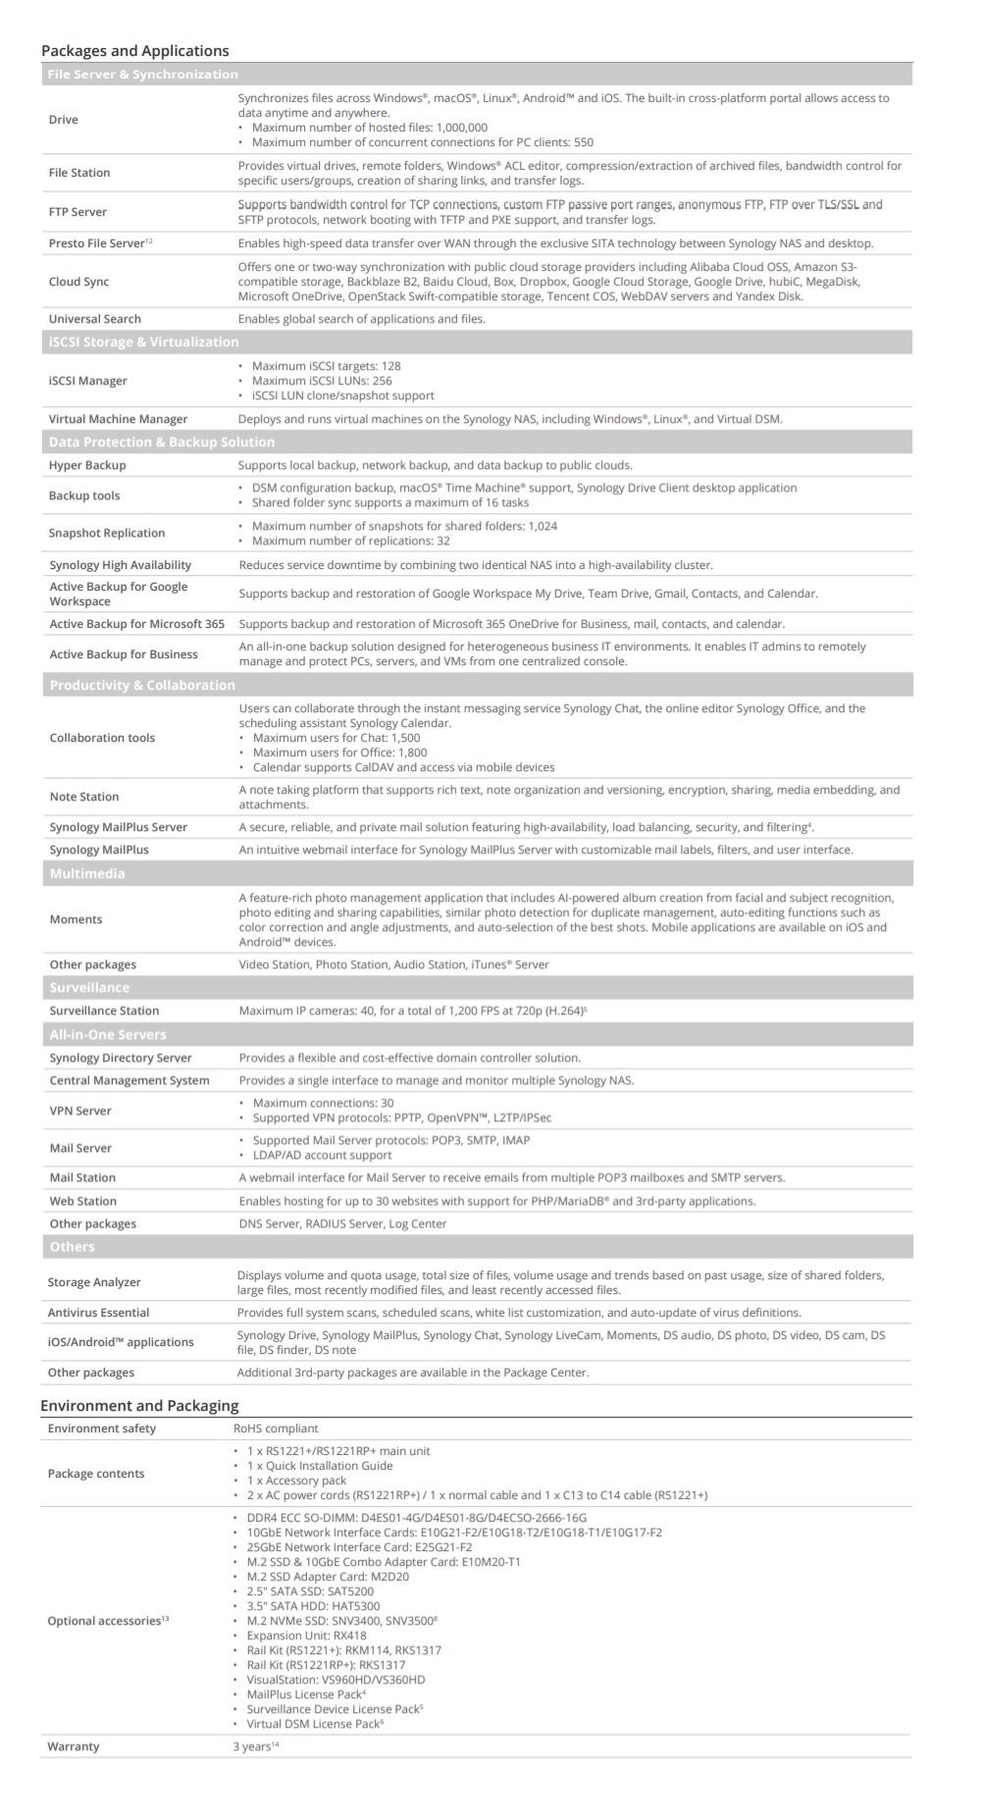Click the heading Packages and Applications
pyautogui.click(x=135, y=51)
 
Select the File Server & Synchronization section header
pyautogui.click(x=142, y=75)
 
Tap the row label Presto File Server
pyautogui.click(x=97, y=243)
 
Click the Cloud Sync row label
pyautogui.click(x=78, y=282)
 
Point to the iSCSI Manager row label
pyautogui.click(x=87, y=381)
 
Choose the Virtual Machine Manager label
pyautogui.click(x=118, y=419)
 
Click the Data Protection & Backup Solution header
pyautogui.click(x=162, y=442)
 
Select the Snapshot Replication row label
pyautogui.click(x=107, y=533)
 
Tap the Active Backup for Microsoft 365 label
pyautogui.click(x=137, y=624)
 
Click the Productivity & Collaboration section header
pyautogui.click(x=142, y=685)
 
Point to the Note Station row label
pyautogui.click(x=84, y=797)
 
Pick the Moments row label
pyautogui.click(x=76, y=919)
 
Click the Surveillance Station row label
pyautogui.click(x=104, y=1011)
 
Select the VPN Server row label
pyautogui.click(x=80, y=1111)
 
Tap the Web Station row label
pyautogui.click(x=83, y=1201)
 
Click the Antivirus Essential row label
pyautogui.click(x=98, y=1313)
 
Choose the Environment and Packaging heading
pyautogui.click(x=139, y=1406)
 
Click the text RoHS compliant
pyautogui.click(x=276, y=1428)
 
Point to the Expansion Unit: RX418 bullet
pyautogui.click(x=306, y=1635)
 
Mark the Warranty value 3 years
pyautogui.click(x=252, y=1746)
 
